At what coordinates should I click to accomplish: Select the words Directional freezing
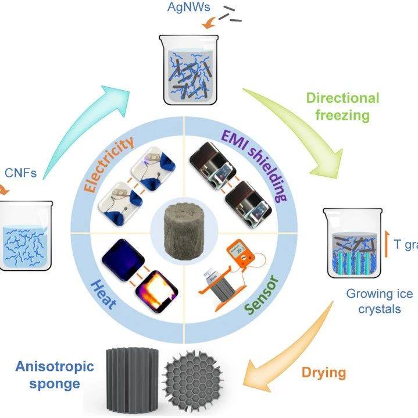coord(343,106)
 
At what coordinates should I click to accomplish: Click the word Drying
coord(323,371)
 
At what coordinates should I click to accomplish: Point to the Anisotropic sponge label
coord(49,375)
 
